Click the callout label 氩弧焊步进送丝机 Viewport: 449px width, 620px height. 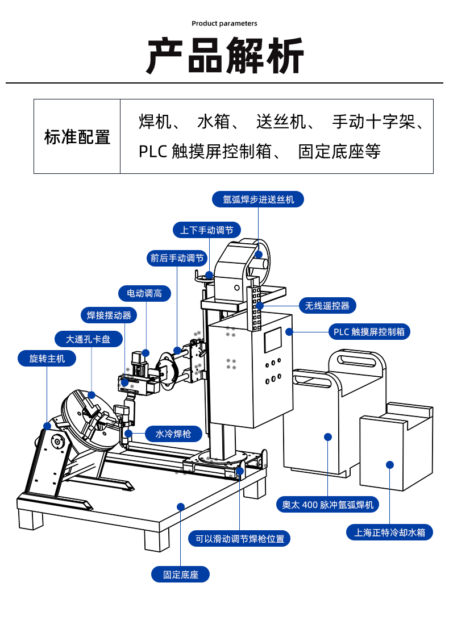click(x=258, y=199)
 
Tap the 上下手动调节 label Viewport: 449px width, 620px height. click(x=207, y=230)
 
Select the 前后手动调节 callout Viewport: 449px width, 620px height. click(x=177, y=258)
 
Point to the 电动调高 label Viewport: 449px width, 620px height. click(x=144, y=293)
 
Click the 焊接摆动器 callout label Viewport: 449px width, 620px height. click(x=109, y=315)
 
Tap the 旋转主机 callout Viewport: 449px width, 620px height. click(x=47, y=358)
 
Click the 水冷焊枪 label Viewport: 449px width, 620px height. click(x=173, y=434)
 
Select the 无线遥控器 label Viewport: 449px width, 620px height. click(x=327, y=305)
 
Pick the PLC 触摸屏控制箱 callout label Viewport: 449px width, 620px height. click(x=369, y=331)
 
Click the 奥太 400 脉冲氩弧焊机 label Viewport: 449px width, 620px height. click(x=327, y=504)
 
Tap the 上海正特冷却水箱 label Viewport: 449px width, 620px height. click(x=390, y=532)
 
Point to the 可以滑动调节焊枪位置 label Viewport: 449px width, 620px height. click(x=239, y=538)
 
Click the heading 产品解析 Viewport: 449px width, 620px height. click(x=224, y=56)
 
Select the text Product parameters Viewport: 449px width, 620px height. click(x=224, y=23)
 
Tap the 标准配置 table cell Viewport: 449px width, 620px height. click(x=77, y=137)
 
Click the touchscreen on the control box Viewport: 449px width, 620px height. click(x=273, y=339)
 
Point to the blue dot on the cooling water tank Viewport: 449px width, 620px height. click(x=390, y=464)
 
